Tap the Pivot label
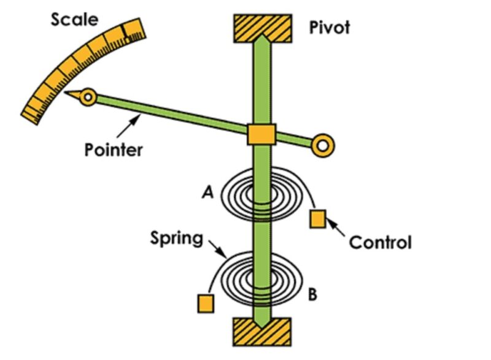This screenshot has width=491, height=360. tap(330, 28)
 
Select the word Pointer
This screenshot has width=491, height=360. tap(114, 149)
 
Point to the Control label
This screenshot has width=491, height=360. tap(380, 242)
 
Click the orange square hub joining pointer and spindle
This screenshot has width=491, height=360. tap(261, 134)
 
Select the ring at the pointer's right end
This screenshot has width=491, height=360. tap(323, 145)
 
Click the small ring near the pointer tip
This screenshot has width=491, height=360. tap(90, 97)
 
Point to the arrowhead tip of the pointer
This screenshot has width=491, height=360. tap(69, 94)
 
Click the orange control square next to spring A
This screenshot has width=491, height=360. tap(318, 219)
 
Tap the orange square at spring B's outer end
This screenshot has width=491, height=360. tap(206, 304)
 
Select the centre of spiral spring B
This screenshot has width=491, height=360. tap(261, 279)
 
